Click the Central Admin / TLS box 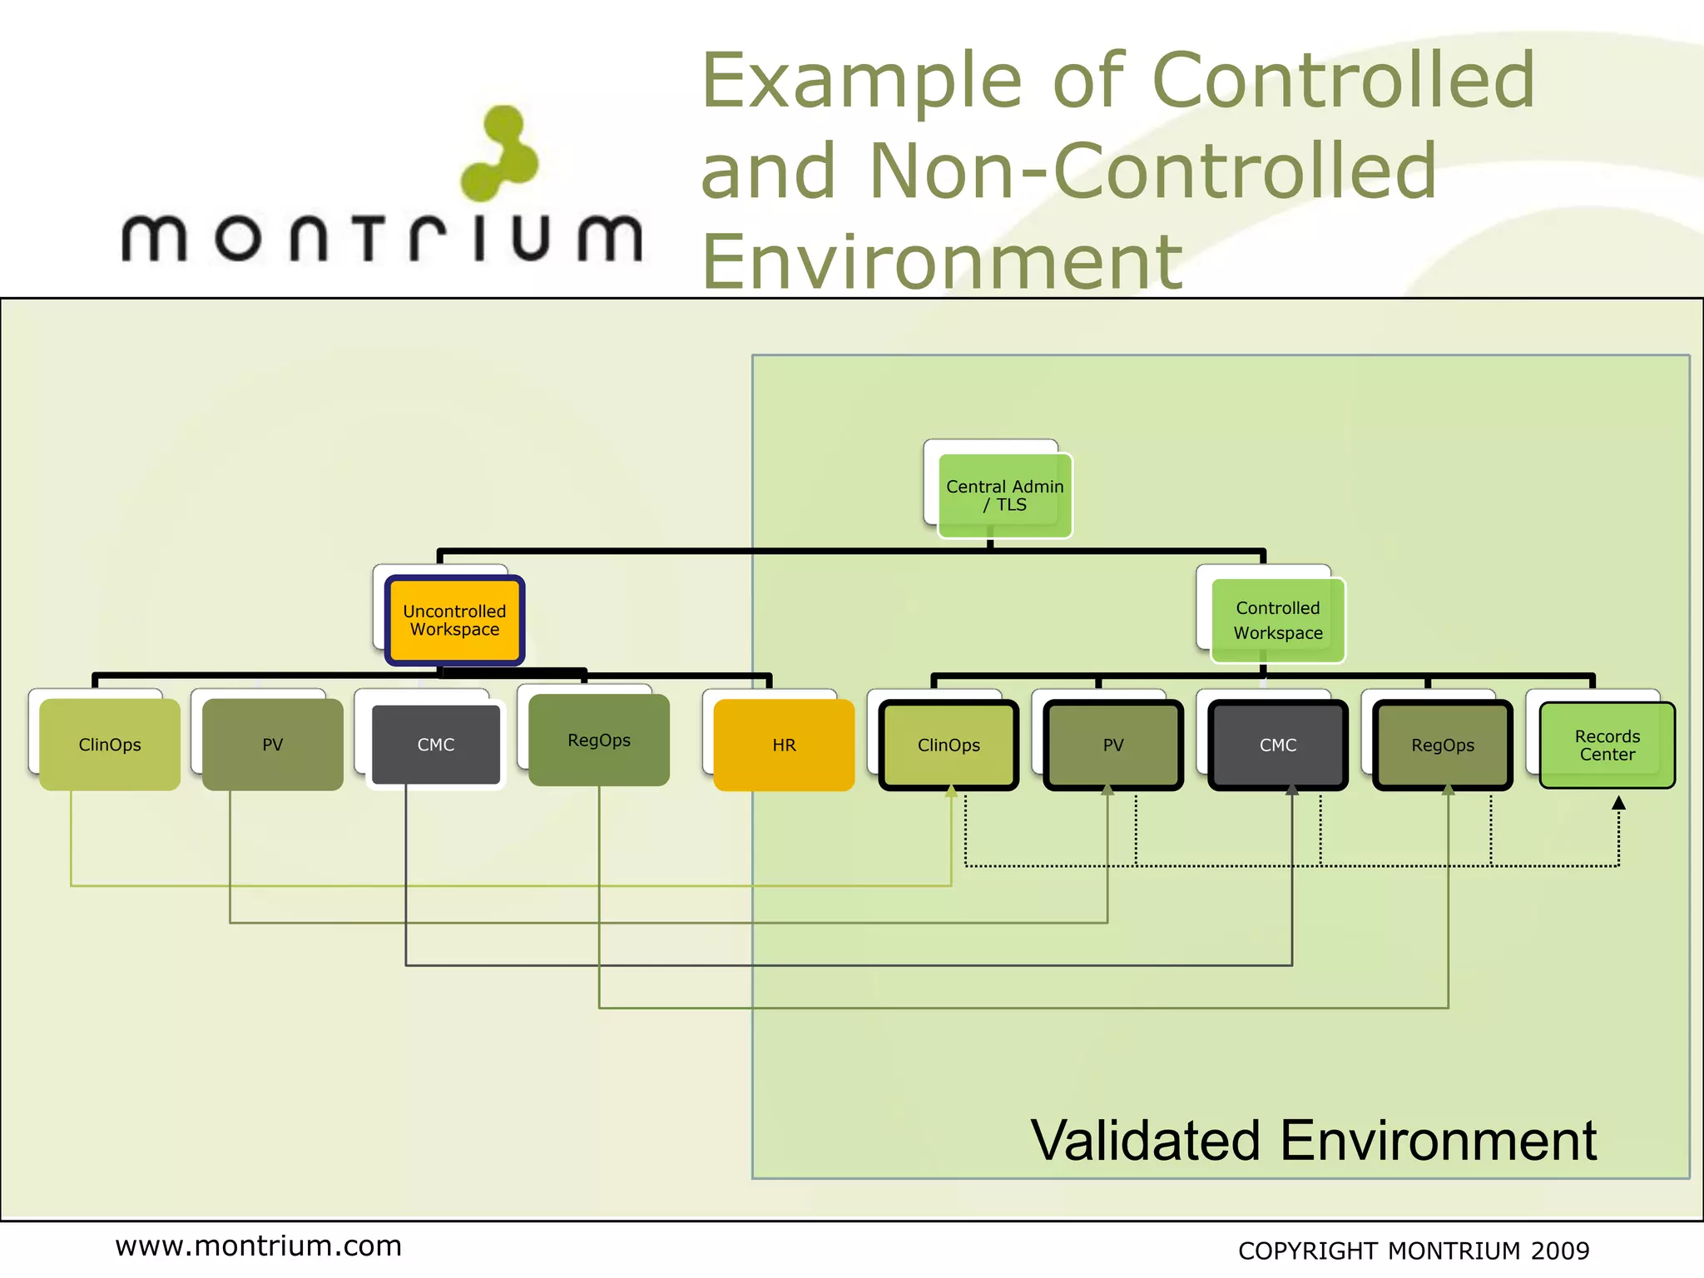(1004, 496)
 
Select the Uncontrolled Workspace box (454, 621)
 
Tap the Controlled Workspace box (1277, 621)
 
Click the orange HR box (784, 745)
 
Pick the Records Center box (1607, 745)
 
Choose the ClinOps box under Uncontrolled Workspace (110, 745)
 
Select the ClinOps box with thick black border (949, 745)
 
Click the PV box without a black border (273, 745)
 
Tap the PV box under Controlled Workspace (1112, 745)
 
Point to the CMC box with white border (436, 745)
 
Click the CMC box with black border (1277, 745)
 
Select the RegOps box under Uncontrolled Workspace (599, 741)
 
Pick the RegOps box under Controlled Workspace (1442, 745)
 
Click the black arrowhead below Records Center (1618, 803)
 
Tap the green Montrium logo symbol (500, 155)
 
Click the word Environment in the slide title (942, 261)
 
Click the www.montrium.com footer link (258, 1246)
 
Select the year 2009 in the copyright (1560, 1251)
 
